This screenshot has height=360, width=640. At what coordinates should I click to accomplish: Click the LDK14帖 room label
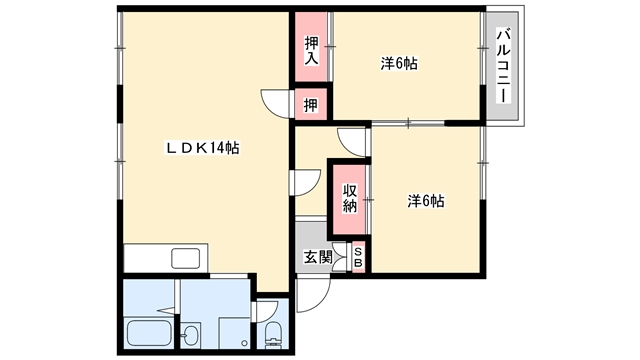(202, 148)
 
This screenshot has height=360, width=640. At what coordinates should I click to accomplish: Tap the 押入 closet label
(311, 51)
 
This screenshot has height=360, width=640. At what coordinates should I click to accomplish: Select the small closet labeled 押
(311, 105)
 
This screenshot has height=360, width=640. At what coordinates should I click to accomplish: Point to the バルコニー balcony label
(503, 65)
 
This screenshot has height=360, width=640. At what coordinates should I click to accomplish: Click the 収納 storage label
(350, 198)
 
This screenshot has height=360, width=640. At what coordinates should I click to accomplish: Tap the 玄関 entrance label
(318, 257)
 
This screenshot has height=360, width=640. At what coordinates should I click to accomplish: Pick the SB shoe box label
(358, 258)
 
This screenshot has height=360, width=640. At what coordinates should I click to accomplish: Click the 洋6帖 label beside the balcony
(399, 64)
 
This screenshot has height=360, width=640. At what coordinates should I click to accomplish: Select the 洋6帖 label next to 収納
(426, 201)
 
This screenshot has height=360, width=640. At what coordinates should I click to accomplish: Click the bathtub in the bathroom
(149, 333)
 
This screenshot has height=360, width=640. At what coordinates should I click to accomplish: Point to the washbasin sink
(189, 336)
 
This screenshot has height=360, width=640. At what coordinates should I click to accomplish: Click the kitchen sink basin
(185, 258)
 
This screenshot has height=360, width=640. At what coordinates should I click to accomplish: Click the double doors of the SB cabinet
(340, 257)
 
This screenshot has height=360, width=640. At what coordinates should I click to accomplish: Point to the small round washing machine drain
(244, 343)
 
